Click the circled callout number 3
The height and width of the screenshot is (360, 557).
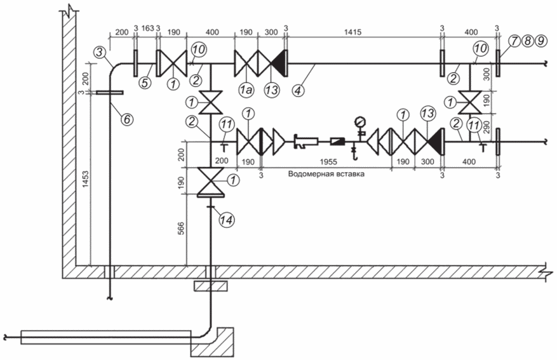click(100, 53)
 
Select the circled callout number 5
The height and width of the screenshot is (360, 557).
click(145, 83)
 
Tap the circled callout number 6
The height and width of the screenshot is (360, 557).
click(126, 119)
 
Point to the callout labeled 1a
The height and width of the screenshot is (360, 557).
click(246, 90)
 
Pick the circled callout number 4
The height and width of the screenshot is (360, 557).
click(299, 90)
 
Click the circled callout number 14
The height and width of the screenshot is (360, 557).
click(227, 220)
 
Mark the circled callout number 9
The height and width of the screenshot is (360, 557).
click(540, 41)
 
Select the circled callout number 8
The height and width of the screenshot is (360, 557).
click(528, 41)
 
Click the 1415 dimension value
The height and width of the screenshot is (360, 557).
click(352, 32)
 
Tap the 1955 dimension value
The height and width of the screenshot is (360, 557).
click(328, 162)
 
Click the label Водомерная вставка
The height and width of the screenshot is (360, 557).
click(326, 175)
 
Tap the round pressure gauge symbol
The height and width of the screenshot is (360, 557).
click(360, 121)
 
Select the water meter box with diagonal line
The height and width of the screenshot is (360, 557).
click(336, 142)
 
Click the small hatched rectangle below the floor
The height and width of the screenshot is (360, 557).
click(210, 286)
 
